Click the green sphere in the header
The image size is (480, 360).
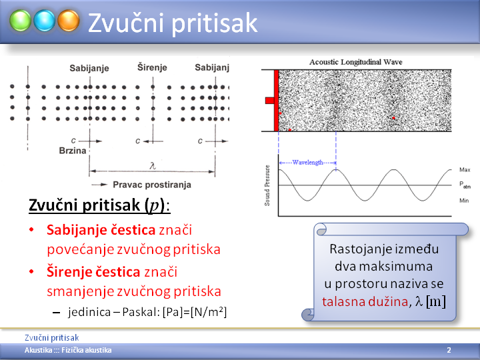(x=20, y=21)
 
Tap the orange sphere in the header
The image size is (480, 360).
(x=69, y=21)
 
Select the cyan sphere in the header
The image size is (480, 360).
(x=45, y=21)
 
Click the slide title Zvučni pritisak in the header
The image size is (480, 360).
(x=173, y=23)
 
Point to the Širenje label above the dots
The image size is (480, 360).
(x=152, y=67)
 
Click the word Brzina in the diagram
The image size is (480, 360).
(x=73, y=151)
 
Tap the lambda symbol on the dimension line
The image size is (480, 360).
(x=153, y=165)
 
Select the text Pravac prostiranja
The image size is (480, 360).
(x=152, y=185)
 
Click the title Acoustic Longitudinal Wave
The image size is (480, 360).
(x=356, y=62)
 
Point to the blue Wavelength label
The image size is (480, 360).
(x=307, y=162)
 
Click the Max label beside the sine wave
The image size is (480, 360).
(x=465, y=169)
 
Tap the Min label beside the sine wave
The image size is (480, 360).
(x=464, y=201)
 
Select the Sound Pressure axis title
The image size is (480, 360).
(x=267, y=185)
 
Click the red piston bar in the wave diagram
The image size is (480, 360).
(x=276, y=101)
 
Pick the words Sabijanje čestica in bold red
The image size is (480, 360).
(x=101, y=230)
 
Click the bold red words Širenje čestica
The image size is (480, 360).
(x=93, y=272)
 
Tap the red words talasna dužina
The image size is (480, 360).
(x=365, y=301)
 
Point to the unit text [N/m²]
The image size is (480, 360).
(x=209, y=312)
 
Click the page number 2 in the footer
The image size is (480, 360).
(x=449, y=350)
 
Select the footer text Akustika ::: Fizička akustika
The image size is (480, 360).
(x=68, y=350)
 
